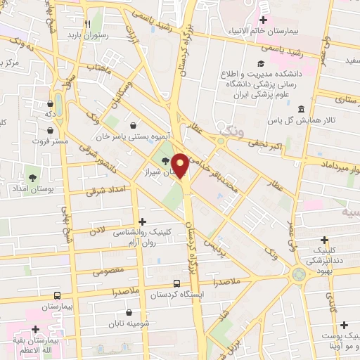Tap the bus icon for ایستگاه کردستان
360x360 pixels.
pyautogui.click(x=176, y=284)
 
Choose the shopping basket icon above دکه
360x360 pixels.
pyautogui.click(x=49, y=102)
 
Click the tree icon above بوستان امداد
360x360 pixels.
pyautogui.click(x=31, y=176)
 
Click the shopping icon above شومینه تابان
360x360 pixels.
pyautogui.click(x=129, y=312)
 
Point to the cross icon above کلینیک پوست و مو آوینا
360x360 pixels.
pyautogui.click(x=344, y=325)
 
